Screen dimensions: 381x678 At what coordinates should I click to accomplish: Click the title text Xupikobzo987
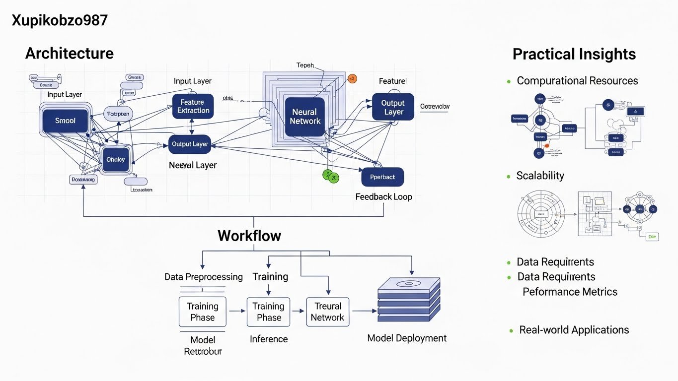[x=59, y=21]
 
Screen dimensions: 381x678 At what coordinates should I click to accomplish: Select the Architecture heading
[x=69, y=54]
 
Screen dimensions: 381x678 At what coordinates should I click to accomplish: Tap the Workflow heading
[x=249, y=236]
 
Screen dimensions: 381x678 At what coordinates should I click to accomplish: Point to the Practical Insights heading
[x=574, y=54]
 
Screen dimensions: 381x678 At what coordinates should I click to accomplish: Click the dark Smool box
[x=66, y=121]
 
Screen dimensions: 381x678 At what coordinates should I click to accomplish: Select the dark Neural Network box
[x=305, y=117]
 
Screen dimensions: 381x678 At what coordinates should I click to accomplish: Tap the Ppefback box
[x=382, y=177]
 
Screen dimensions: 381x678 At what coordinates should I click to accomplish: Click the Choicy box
[x=115, y=160]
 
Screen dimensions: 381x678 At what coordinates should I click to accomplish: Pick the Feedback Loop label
[x=383, y=197]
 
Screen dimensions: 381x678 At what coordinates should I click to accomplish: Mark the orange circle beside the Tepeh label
[x=352, y=78]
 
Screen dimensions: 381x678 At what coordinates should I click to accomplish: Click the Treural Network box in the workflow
[x=327, y=312]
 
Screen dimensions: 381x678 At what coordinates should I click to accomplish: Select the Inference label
[x=269, y=339]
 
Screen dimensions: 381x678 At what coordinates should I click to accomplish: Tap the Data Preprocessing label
[x=204, y=277]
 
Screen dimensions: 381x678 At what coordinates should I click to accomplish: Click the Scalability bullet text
[x=540, y=176]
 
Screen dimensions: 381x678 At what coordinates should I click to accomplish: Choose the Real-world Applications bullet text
[x=574, y=330]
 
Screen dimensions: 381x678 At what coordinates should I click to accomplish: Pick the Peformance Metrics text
[x=570, y=292]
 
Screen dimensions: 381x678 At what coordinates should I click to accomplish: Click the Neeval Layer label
[x=193, y=165]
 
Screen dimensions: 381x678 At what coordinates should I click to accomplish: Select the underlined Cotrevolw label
[x=435, y=107]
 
